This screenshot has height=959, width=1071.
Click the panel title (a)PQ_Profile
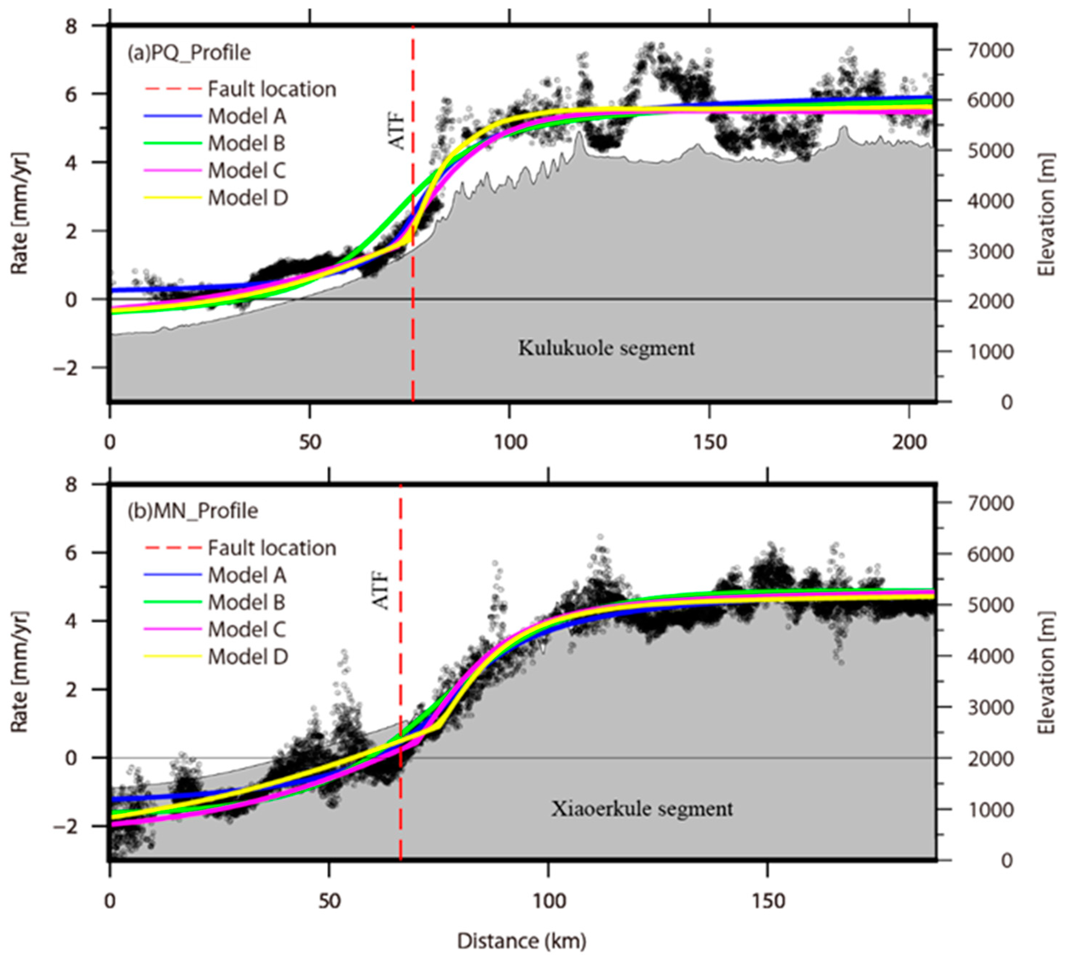[189, 53]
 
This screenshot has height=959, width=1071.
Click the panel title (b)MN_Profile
[192, 511]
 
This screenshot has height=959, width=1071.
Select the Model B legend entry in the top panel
[246, 143]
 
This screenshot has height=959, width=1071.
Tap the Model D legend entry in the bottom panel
[248, 657]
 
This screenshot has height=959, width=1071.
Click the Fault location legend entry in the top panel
[271, 89]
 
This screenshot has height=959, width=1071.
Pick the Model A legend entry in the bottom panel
[246, 575]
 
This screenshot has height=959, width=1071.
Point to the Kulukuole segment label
[606, 348]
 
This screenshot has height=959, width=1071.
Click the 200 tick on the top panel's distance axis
[910, 441]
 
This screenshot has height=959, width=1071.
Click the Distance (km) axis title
[521, 941]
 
